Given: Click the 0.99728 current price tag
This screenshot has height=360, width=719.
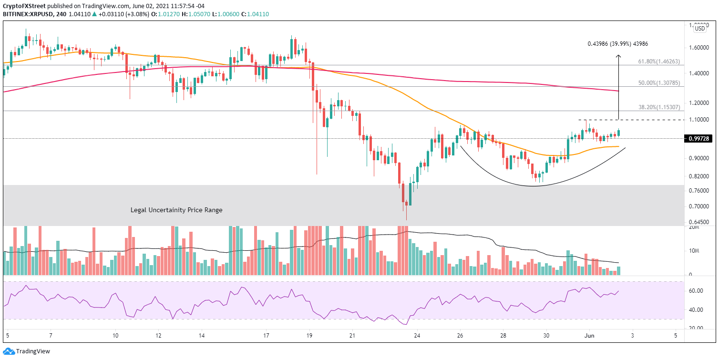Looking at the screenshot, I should coord(699,138).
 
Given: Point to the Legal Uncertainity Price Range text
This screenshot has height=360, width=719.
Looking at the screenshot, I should coord(176,210).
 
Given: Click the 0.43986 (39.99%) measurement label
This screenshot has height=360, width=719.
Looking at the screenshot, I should coord(617,44).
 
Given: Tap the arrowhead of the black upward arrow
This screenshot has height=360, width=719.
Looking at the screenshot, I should coord(618,56).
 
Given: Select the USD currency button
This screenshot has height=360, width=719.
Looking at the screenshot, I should coord(700,29).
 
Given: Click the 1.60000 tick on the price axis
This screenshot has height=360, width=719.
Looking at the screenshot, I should coord(699,48).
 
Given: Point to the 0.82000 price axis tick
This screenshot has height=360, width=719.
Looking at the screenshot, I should coord(699,176).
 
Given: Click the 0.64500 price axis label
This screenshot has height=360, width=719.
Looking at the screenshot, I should coord(699,222).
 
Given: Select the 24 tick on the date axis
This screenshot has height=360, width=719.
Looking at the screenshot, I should coord(417,336).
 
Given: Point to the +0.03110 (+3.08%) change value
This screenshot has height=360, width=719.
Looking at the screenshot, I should coord(113,14).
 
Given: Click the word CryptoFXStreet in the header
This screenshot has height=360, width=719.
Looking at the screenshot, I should coord(25,5).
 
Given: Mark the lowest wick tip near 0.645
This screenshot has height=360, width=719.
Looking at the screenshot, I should coord(407,220).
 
